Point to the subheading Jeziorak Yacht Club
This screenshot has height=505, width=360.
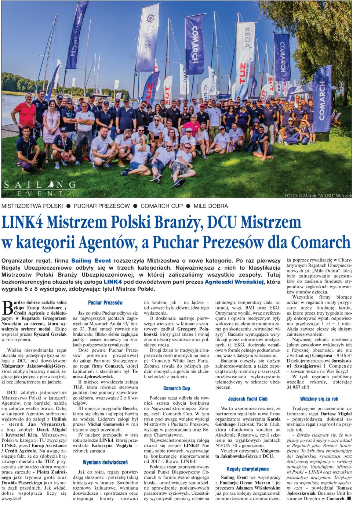(248, 398)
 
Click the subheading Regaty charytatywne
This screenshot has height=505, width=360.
(248, 469)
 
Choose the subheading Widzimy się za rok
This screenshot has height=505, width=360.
(319, 398)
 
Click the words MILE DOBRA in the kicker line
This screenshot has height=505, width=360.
(211, 206)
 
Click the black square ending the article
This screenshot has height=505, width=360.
(349, 499)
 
